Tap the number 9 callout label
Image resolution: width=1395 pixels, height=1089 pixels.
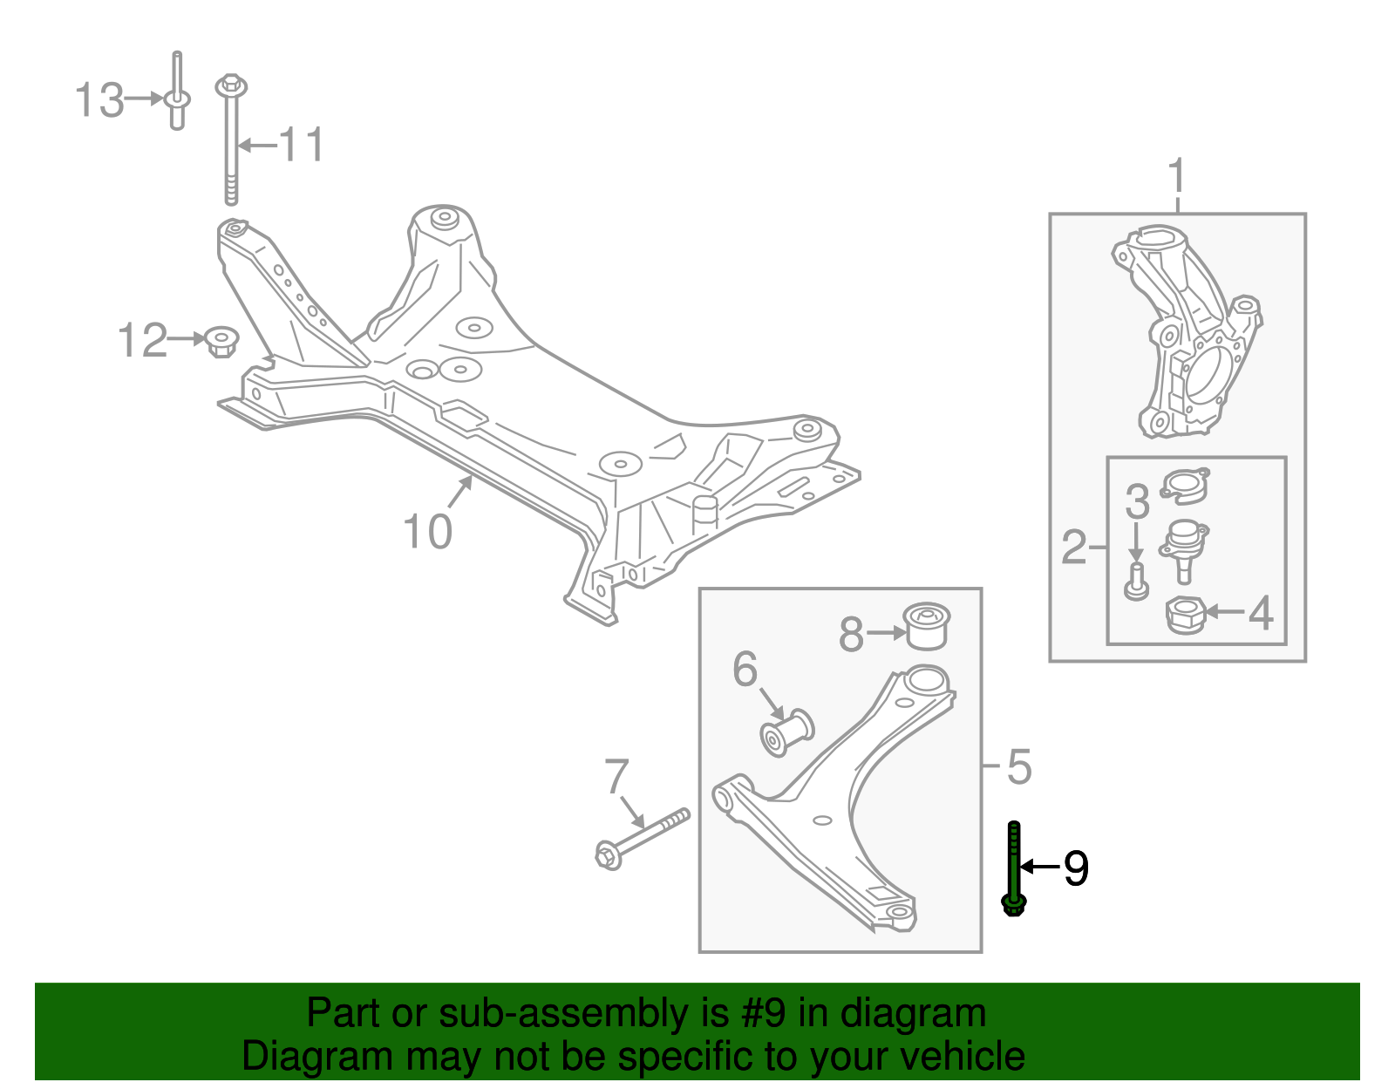pos(1076,868)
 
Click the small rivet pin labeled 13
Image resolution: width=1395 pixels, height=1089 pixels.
pos(177,96)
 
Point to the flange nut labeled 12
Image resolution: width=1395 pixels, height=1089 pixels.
pos(222,340)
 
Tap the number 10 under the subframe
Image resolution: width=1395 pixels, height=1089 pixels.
pos(427,531)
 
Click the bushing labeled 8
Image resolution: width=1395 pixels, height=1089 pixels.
pos(926,626)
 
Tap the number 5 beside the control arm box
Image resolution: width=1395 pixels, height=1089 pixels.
pos(1018,767)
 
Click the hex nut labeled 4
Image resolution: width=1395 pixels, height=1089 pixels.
pos(1185,615)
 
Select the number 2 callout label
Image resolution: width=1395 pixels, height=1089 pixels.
pos(1074,547)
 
